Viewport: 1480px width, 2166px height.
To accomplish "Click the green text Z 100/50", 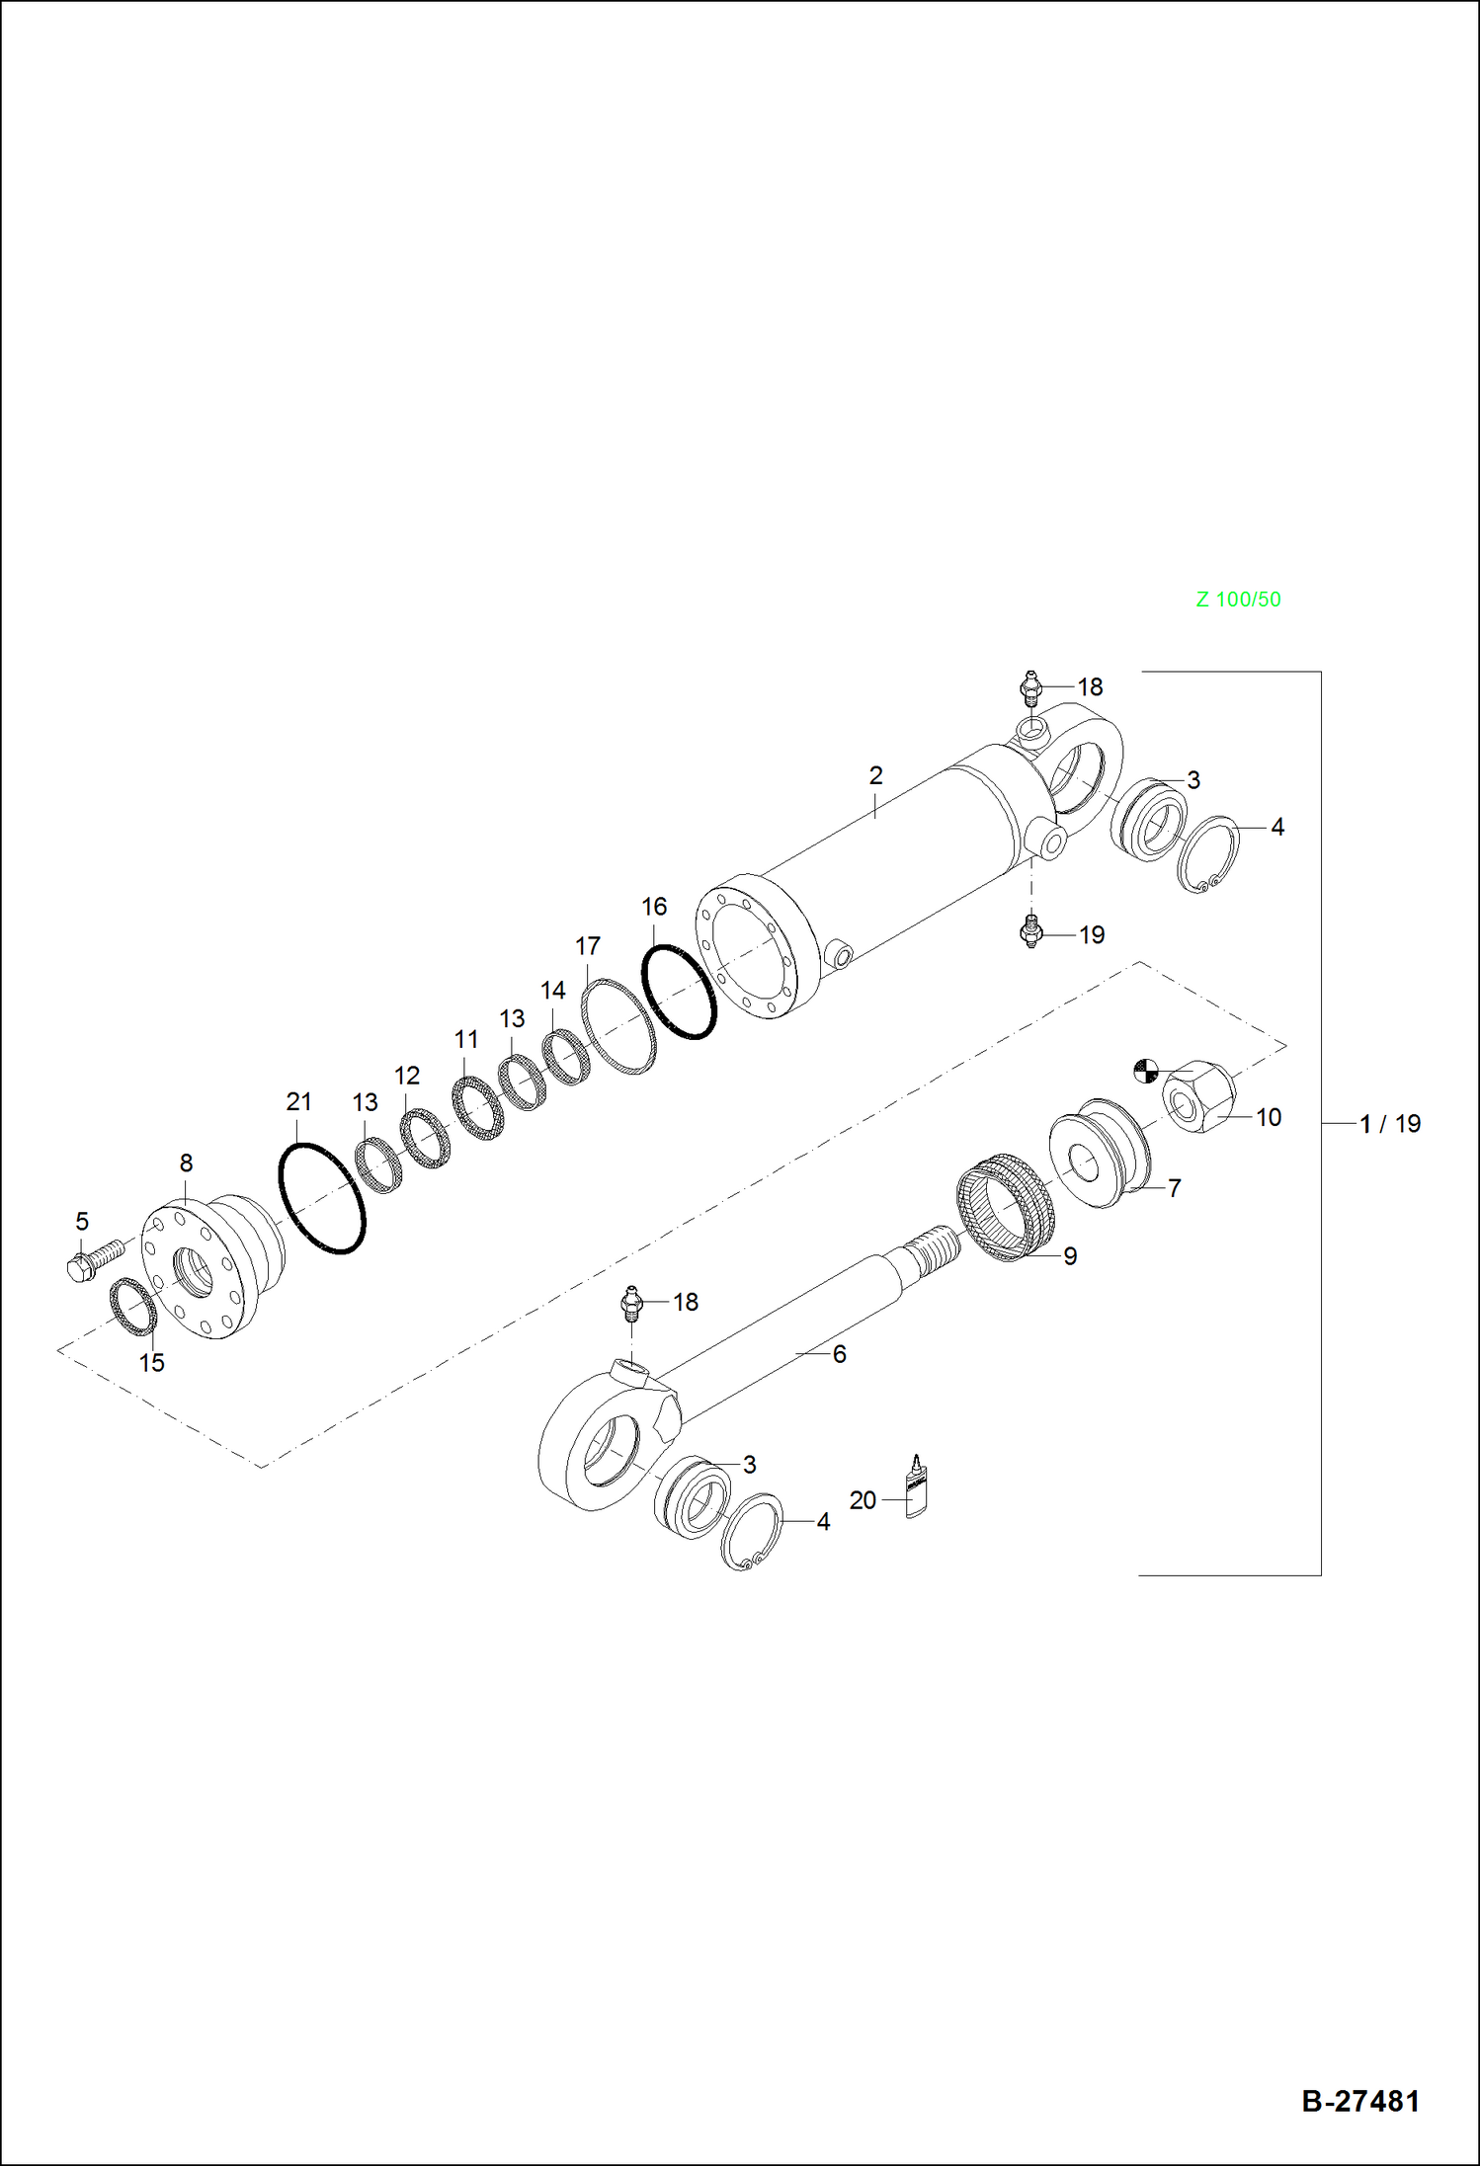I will [1238, 600].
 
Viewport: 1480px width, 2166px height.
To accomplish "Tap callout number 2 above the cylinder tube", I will [875, 776].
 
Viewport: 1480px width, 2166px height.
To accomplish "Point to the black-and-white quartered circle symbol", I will [1144, 1071].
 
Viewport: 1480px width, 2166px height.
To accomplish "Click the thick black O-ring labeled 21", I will [321, 1198].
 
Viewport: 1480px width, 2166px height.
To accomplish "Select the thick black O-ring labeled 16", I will [679, 992].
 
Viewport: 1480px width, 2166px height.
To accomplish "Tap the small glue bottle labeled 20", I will [917, 1487].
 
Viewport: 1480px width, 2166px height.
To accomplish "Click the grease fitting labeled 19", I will [1031, 931].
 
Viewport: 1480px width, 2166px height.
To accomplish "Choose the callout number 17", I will [588, 946].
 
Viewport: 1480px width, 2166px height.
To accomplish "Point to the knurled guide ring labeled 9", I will [1006, 1207].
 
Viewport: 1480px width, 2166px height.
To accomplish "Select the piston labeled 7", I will [1099, 1154].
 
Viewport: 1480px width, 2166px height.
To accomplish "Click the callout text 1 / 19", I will [1389, 1124].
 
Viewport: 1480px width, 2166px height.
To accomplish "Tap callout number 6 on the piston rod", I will [839, 1354].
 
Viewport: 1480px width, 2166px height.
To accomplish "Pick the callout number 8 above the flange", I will [186, 1163].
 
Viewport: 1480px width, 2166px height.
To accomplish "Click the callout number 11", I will [466, 1040].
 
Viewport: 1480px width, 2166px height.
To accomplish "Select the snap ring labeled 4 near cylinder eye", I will [1209, 854].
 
